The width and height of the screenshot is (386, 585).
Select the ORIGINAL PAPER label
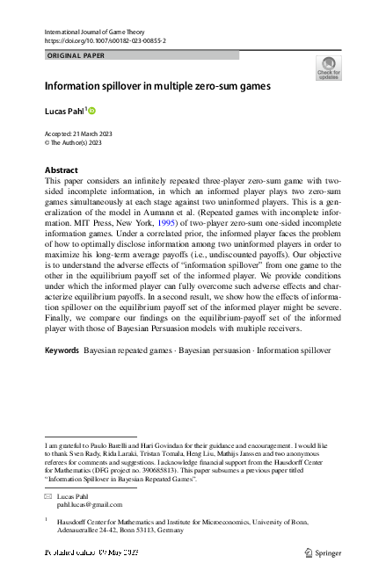(76, 54)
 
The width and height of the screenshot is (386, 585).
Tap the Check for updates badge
(327, 69)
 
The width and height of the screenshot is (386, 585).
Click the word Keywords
(62, 350)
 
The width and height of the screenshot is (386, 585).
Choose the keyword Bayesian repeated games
(126, 350)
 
